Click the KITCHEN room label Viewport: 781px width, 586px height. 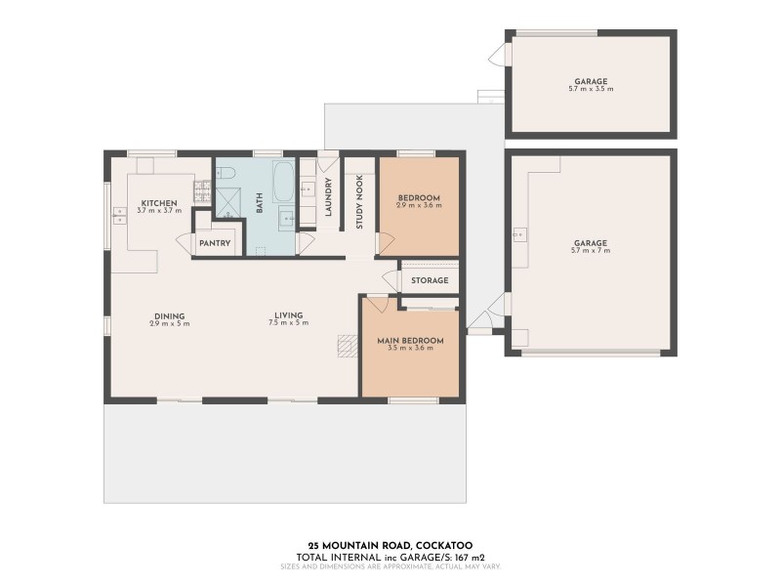tap(157, 203)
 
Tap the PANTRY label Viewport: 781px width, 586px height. tap(214, 243)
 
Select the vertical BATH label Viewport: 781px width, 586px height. tap(260, 203)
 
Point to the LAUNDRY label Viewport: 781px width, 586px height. tap(329, 197)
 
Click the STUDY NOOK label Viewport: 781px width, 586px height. tap(359, 204)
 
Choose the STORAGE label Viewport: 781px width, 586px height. tap(430, 280)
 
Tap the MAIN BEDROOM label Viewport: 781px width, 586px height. tap(410, 341)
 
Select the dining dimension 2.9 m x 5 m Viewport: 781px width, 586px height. tap(170, 323)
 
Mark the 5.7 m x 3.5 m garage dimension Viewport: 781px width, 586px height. tap(590, 89)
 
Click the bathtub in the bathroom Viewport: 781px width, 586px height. tap(283, 182)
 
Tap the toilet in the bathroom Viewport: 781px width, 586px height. tap(226, 174)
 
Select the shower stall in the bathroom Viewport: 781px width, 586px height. tap(227, 202)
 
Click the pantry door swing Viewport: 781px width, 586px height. tap(183, 242)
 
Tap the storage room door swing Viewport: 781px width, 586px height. tap(391, 280)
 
